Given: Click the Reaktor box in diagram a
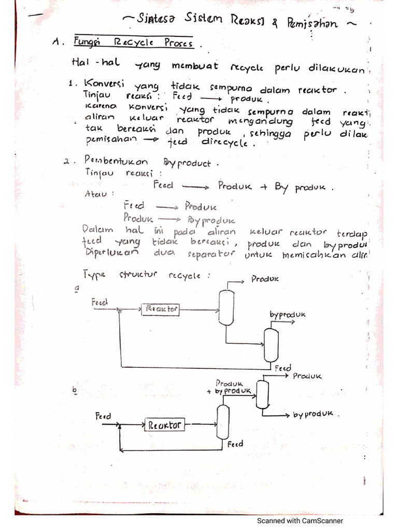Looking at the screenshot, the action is click(161, 310).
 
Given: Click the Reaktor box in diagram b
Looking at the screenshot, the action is click(165, 425).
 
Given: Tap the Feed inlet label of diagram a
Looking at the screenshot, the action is click(99, 301).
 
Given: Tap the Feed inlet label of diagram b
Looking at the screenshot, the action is click(103, 416).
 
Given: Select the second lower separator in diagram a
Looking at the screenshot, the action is click(271, 345).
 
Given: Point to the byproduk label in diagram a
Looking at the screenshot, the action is click(288, 315).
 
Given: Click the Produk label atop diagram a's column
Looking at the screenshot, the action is click(265, 278).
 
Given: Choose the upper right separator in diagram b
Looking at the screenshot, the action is click(262, 395).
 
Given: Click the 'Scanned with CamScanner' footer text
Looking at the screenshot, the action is click(300, 521).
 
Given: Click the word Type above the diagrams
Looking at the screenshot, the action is click(94, 274).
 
